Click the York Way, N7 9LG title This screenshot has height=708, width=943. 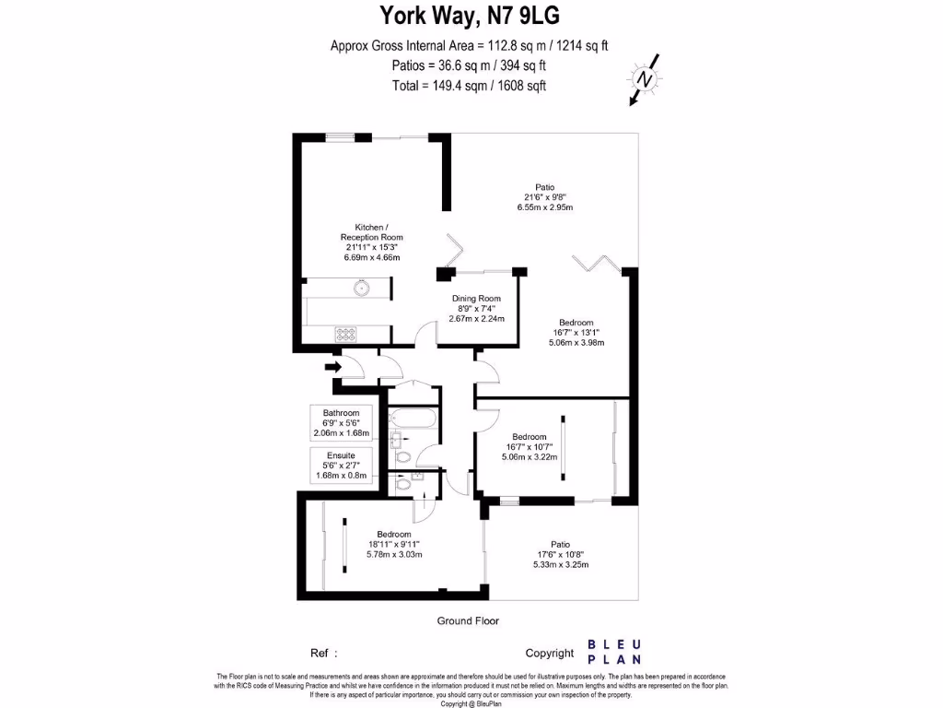470,16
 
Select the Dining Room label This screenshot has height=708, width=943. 476,308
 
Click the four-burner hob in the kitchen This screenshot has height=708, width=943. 346,334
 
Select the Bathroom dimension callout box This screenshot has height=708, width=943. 341,422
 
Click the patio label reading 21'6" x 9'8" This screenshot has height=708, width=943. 545,196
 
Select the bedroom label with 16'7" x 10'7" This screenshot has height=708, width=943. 529,446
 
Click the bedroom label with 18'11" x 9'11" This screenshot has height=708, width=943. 394,544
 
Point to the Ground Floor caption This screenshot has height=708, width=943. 468,620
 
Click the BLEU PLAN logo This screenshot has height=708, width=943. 616,652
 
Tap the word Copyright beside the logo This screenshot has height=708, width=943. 550,653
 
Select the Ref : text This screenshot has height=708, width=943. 325,653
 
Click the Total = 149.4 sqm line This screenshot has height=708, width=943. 470,86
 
